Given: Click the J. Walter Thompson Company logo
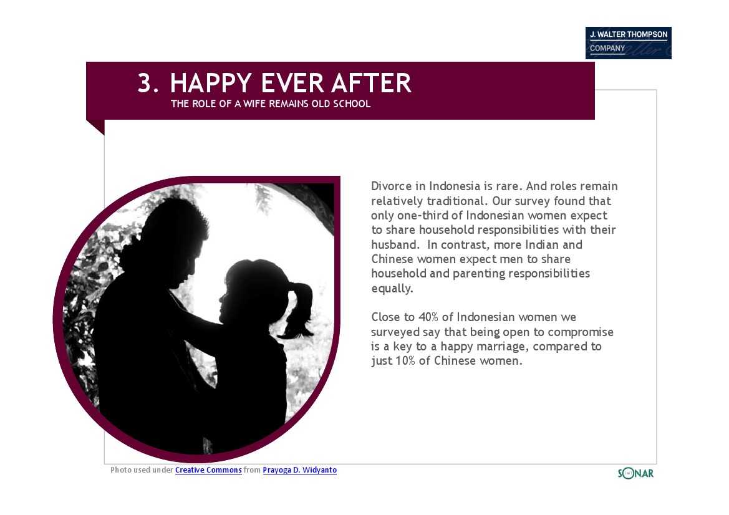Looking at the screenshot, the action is (x=628, y=43).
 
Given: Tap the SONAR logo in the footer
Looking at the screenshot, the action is (x=635, y=473).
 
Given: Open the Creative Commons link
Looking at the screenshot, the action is (x=208, y=470).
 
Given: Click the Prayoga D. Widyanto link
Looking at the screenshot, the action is (x=300, y=470).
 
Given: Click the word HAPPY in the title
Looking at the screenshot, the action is (x=211, y=83).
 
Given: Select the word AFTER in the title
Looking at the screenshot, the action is (x=371, y=83).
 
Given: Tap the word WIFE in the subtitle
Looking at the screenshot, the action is (x=254, y=103).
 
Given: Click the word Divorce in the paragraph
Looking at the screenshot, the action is (x=392, y=186).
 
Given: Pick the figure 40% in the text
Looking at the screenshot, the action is (x=428, y=317).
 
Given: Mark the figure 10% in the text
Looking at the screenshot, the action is (x=405, y=360).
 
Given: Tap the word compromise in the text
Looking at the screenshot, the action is (x=581, y=332).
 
